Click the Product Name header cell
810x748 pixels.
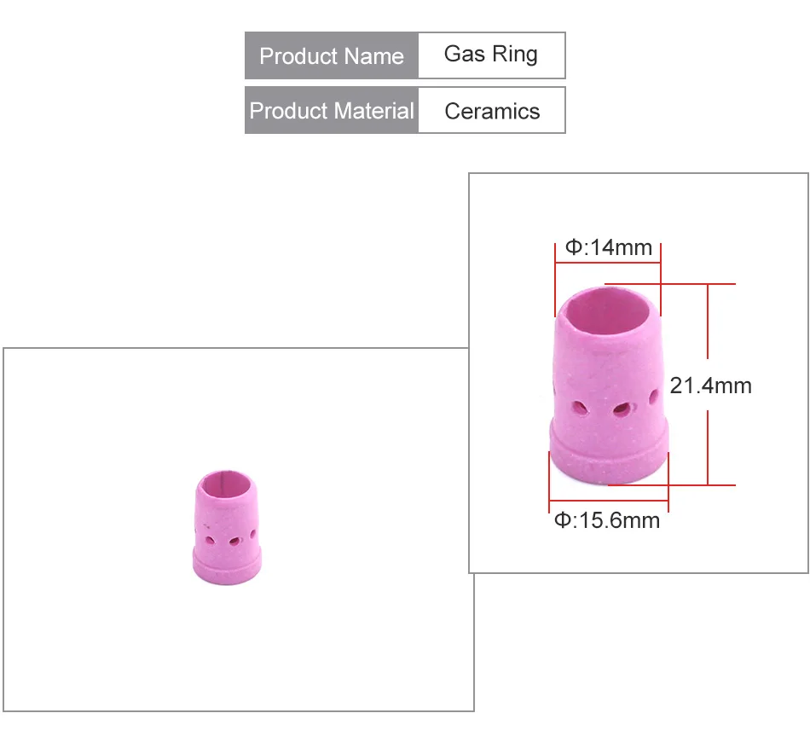click(x=332, y=55)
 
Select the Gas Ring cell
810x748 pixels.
click(x=492, y=55)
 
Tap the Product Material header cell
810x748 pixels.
click(x=332, y=110)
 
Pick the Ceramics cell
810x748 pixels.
click(x=492, y=110)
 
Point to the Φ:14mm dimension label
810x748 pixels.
click(x=609, y=247)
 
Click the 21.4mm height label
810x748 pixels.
click(x=710, y=386)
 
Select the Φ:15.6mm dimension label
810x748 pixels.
click(x=607, y=520)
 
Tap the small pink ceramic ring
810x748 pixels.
click(x=228, y=527)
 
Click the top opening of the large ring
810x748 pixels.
click(x=609, y=310)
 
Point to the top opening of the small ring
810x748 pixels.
click(x=226, y=484)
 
